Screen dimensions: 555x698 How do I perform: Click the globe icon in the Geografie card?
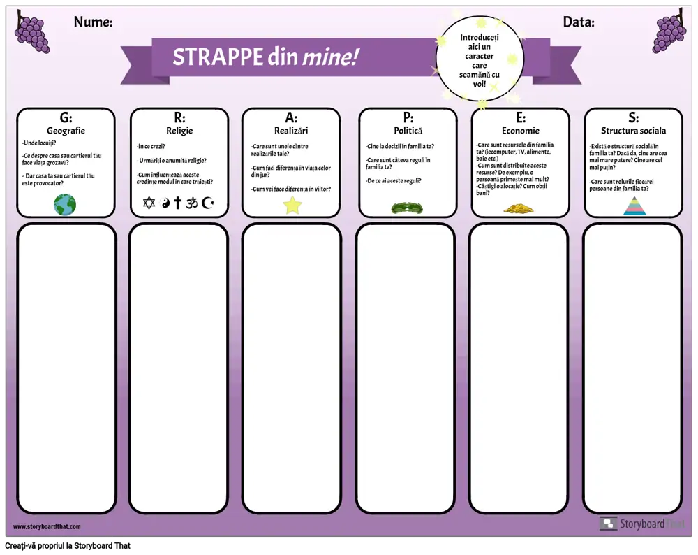click(65, 205)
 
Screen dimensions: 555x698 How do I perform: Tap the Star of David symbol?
click(148, 203)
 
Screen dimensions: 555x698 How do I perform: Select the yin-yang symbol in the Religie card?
click(165, 203)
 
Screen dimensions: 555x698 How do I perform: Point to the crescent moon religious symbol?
click(208, 203)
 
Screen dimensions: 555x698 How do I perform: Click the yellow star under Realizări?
click(292, 205)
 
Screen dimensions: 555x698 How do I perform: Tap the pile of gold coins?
click(519, 208)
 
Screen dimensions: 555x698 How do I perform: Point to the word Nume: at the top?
click(93, 22)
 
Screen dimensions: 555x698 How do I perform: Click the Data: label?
click(579, 22)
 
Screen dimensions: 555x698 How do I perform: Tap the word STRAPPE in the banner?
click(217, 57)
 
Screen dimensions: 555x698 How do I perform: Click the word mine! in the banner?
click(330, 57)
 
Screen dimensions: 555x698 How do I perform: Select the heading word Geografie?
click(66, 131)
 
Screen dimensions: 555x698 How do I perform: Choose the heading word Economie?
click(521, 131)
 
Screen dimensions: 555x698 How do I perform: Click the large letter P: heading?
click(408, 118)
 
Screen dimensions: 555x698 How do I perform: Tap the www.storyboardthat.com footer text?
click(47, 526)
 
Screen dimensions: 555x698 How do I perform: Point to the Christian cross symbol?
click(177, 203)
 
